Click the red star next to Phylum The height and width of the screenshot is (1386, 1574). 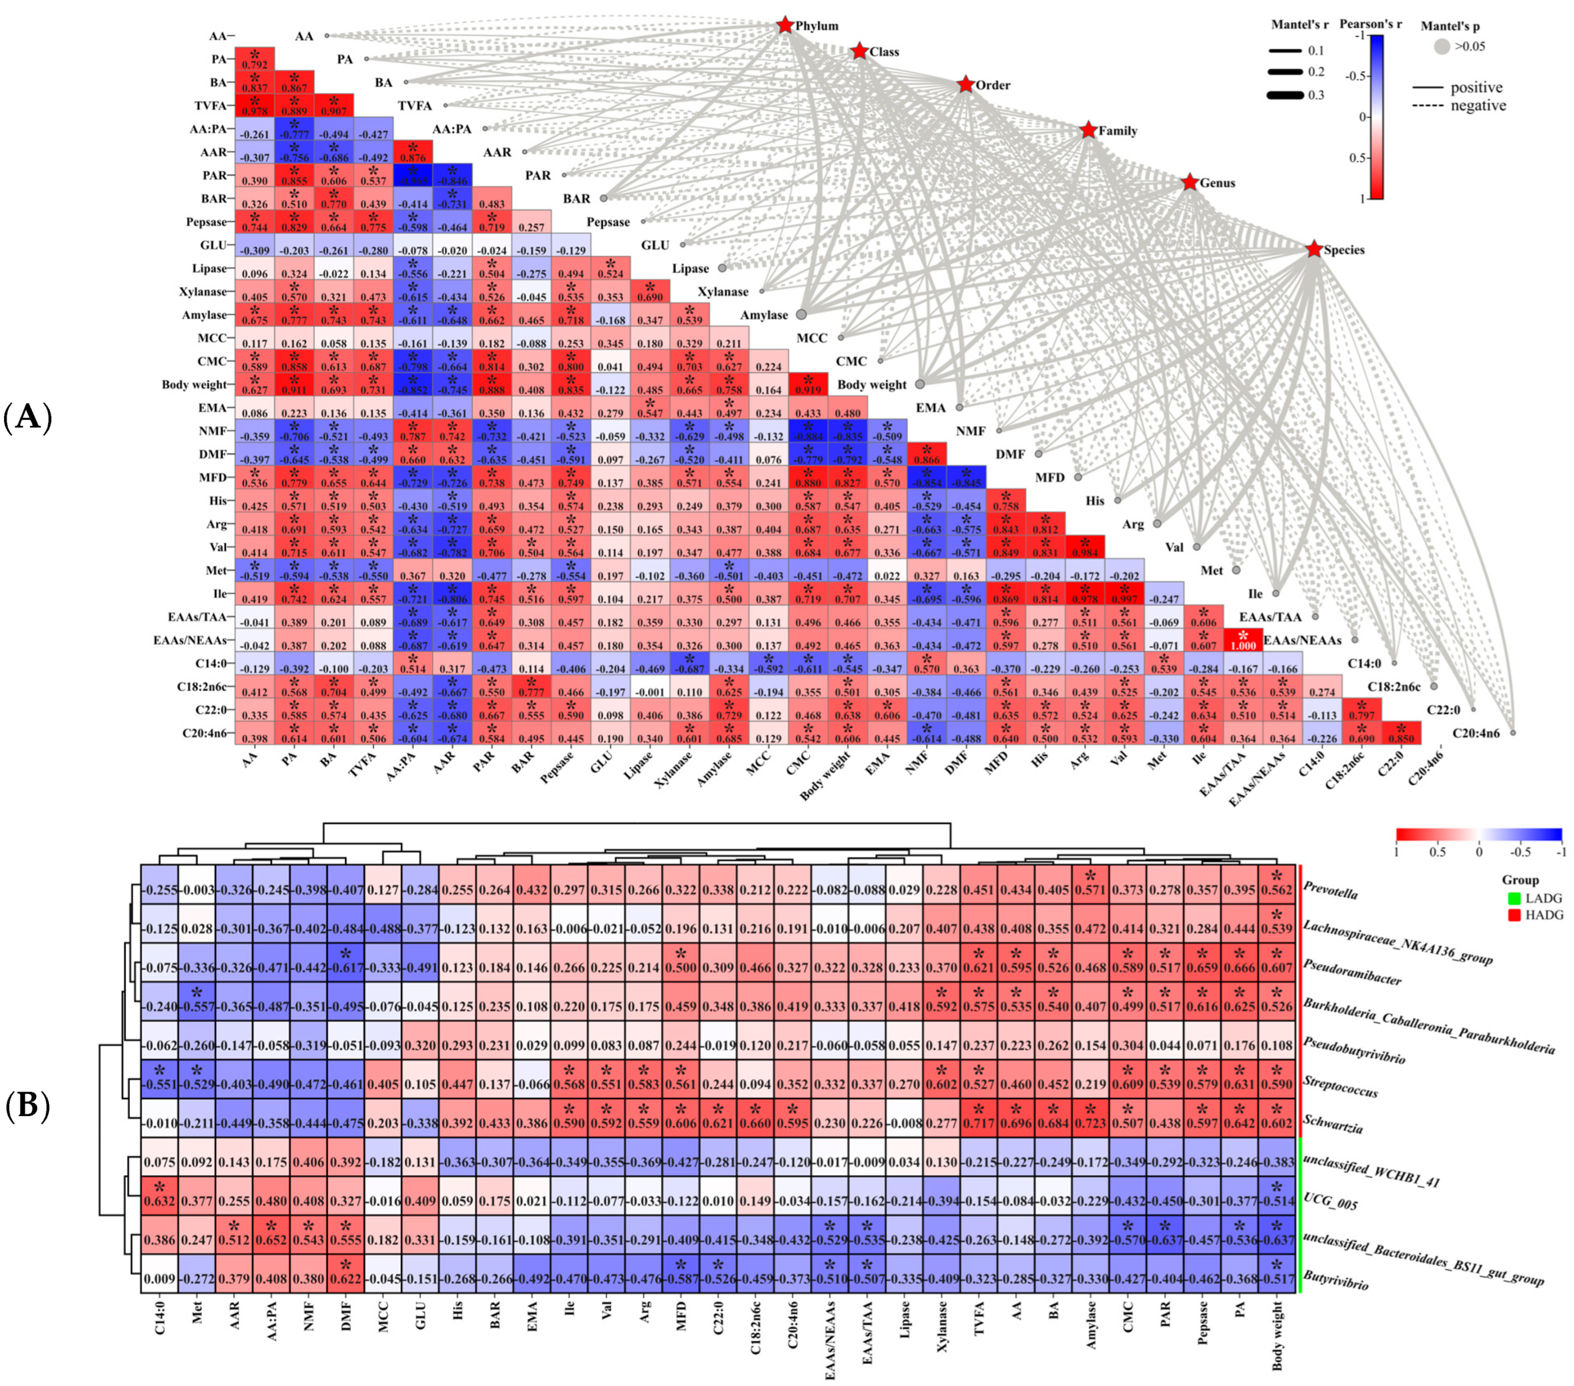pos(785,25)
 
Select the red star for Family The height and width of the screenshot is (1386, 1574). pos(1087,130)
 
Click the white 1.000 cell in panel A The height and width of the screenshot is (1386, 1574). pos(1243,641)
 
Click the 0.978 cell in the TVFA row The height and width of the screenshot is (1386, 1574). pos(255,105)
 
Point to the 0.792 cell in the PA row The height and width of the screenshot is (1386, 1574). pos(255,59)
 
